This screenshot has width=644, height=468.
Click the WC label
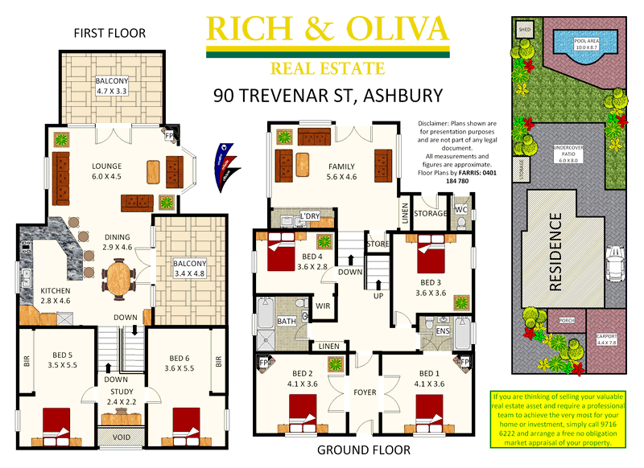point(461,211)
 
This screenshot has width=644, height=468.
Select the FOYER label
point(365,392)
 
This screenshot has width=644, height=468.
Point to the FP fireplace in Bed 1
point(464,363)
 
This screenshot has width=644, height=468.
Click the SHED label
point(526,28)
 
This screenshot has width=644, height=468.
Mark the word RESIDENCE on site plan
point(555,250)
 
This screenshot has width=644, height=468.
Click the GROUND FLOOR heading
point(363,450)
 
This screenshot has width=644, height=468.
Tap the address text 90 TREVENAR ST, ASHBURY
point(328,96)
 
